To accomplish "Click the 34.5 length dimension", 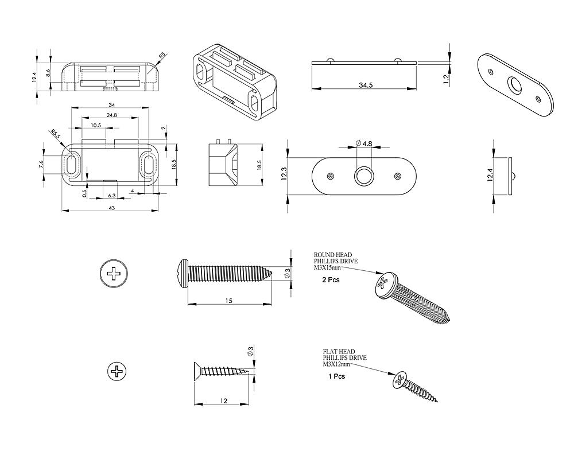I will coord(366,85).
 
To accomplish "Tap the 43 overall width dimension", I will coord(112,208).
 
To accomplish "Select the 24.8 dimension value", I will coord(111,115).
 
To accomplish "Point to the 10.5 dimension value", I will coord(96,125).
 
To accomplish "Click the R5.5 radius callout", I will coord(55,135).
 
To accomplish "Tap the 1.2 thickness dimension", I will coord(447,79).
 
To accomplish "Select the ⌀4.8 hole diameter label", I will coord(364,143).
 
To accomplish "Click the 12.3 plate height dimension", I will coord(284,174).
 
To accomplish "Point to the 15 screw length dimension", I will coord(228,301).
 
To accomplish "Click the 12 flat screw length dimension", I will coord(223,401).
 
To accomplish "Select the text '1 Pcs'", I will coord(336,377).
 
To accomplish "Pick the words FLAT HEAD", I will coord(339,352).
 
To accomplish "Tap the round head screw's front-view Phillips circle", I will coord(115,273).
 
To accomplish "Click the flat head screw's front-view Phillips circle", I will coord(118,372).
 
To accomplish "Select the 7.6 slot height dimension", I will coord(41,165).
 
